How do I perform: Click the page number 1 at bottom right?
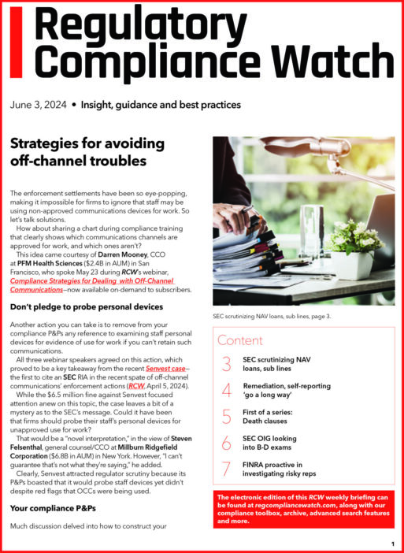point(392,544)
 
